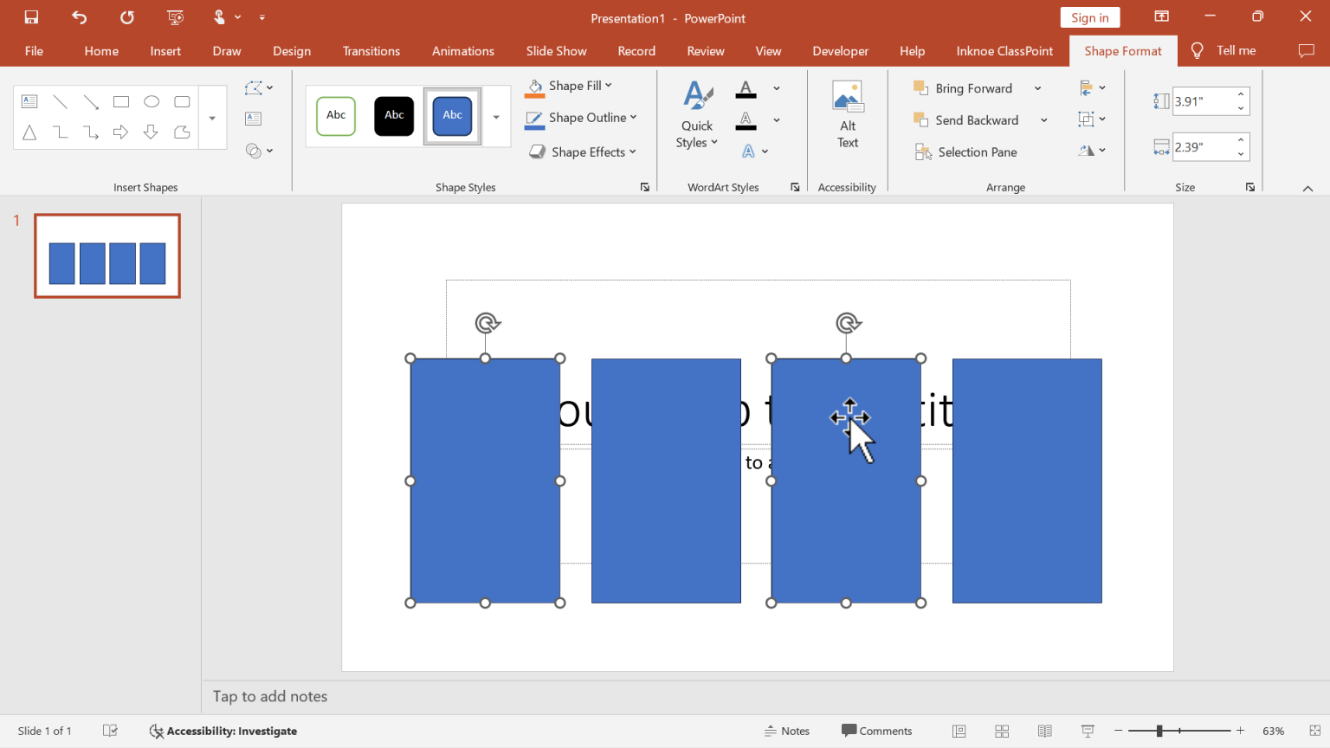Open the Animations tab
click(x=462, y=51)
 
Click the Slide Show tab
click(x=556, y=51)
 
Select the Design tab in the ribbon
click(x=292, y=51)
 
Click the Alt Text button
click(x=848, y=115)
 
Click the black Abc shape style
click(x=394, y=116)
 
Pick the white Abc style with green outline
click(x=336, y=116)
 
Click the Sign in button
click(x=1089, y=18)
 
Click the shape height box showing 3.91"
click(x=1202, y=101)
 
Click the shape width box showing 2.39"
click(x=1202, y=147)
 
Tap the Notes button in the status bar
click(x=787, y=731)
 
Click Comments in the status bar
click(x=876, y=731)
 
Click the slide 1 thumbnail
click(x=107, y=256)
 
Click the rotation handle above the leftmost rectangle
click(x=487, y=323)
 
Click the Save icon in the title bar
click(x=31, y=17)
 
